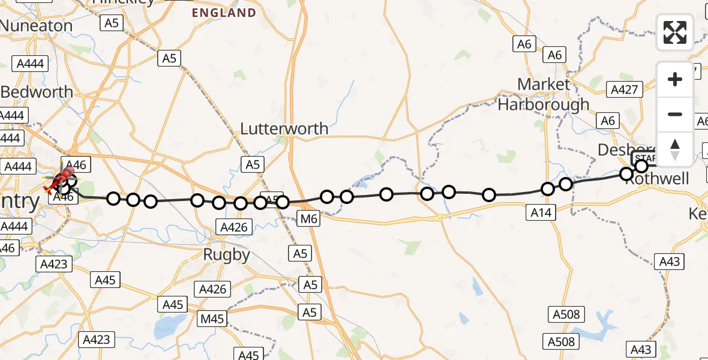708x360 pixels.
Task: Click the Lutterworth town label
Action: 284,128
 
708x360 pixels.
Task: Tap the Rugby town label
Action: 226,254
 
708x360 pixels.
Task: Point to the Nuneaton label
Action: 36,26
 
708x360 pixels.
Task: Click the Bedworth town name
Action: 37,92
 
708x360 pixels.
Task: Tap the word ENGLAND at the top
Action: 224,13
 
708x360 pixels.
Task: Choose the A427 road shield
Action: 625,90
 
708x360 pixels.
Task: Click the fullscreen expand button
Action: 675,32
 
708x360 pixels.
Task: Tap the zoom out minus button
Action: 675,114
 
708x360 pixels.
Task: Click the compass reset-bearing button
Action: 675,149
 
